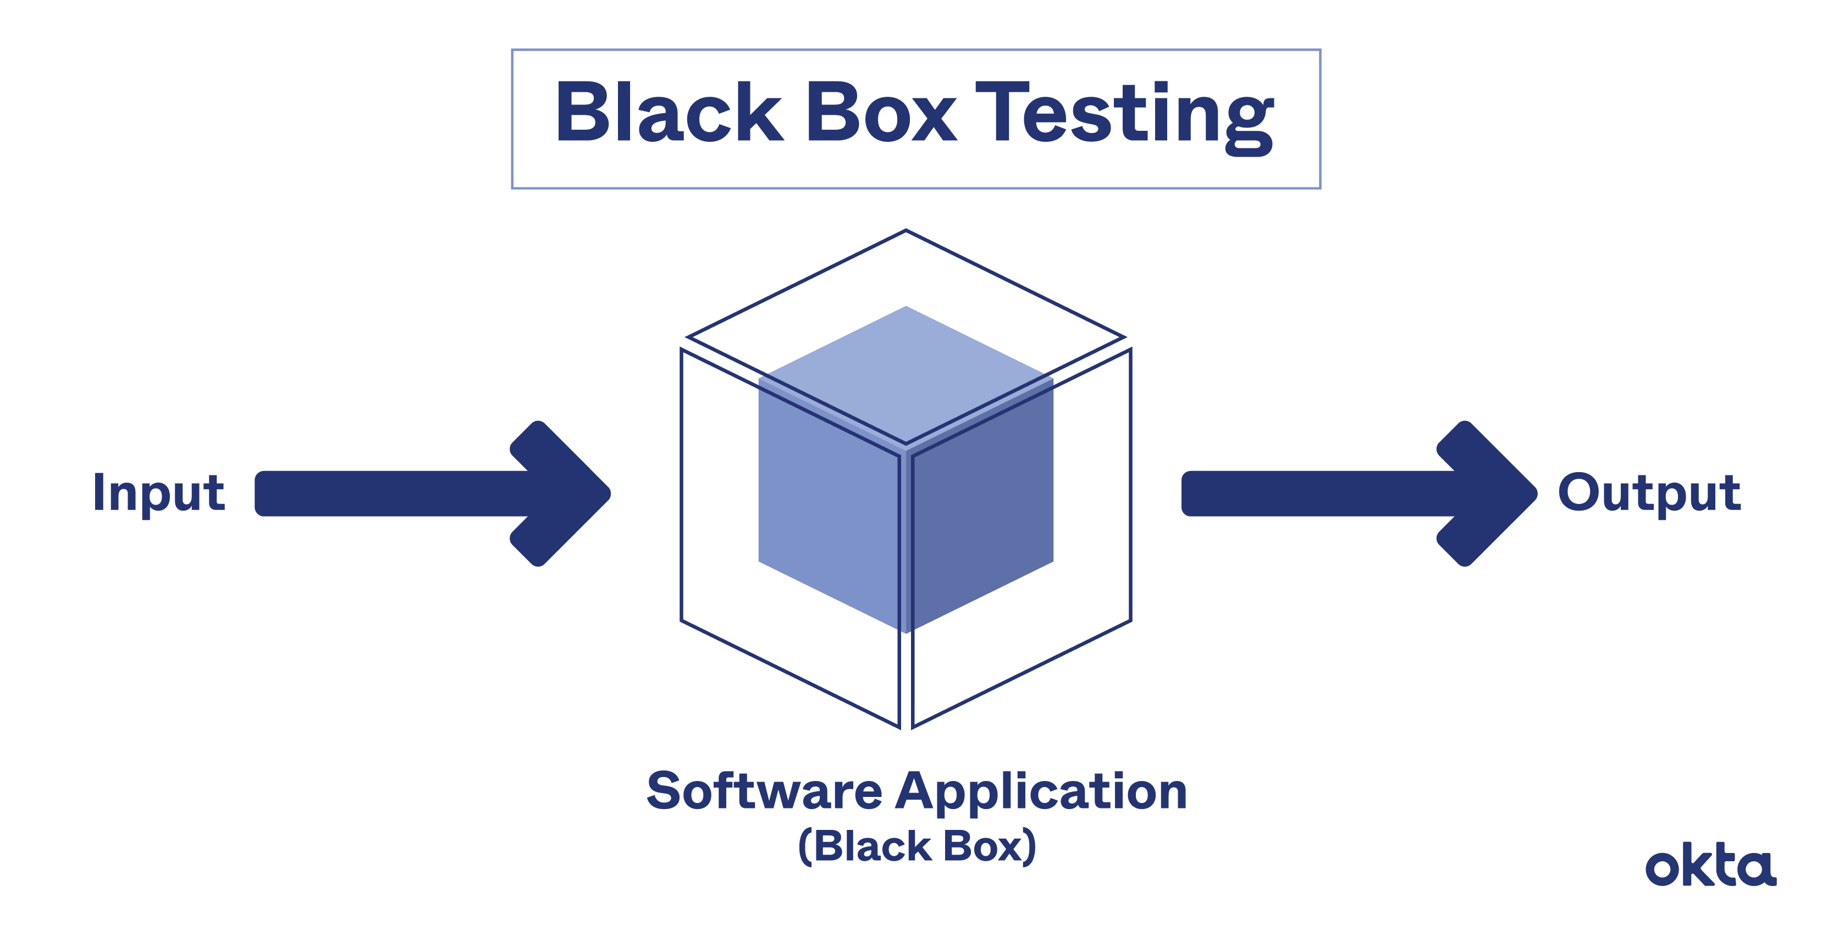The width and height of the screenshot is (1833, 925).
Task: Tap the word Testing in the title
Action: tap(1124, 114)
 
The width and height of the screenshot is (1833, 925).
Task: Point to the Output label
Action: tap(1649, 492)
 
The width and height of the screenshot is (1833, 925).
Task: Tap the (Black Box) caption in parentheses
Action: tap(916, 847)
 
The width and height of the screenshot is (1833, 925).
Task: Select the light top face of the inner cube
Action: tap(906, 370)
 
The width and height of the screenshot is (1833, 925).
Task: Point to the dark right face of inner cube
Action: tap(982, 512)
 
